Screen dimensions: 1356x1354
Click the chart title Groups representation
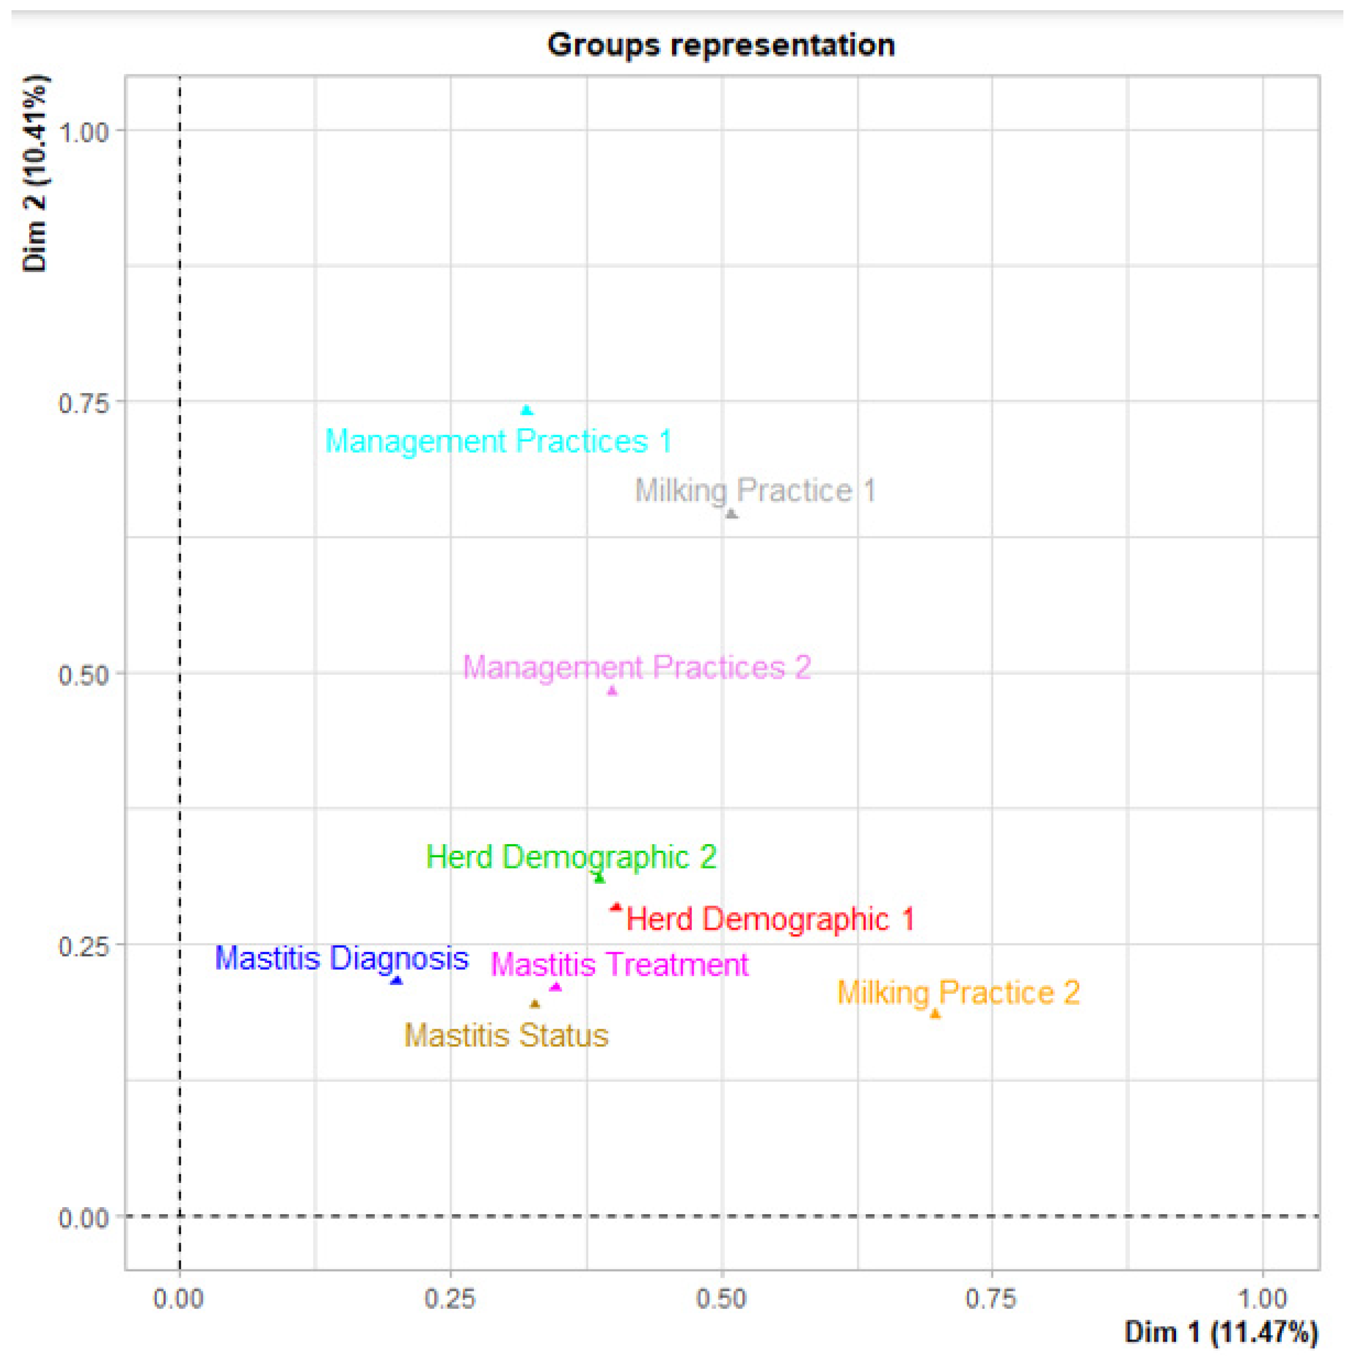721,45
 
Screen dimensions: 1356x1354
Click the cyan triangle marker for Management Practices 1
527,410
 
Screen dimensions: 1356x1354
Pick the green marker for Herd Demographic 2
599,877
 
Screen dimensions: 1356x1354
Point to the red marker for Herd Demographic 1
616,907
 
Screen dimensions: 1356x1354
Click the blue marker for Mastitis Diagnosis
397,980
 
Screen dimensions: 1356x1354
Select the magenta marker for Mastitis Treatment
556,987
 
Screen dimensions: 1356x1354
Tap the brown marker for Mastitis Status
535,1004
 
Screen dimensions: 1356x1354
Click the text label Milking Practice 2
958,992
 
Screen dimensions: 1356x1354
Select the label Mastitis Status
506,1036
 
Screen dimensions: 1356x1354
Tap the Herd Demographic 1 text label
770,920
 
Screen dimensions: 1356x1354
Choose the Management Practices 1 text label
498,441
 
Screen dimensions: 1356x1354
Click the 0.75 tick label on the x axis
991,1299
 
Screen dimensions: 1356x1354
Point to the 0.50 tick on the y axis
84,675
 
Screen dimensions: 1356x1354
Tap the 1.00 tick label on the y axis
84,132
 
